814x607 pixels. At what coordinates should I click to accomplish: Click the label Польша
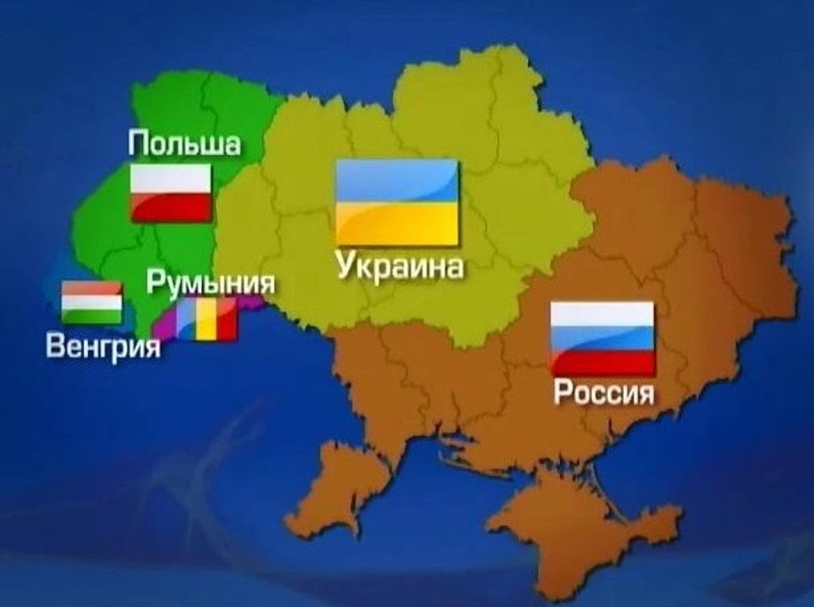(184, 144)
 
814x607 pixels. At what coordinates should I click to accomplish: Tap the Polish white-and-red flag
(171, 193)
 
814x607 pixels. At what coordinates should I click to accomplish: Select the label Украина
(399, 266)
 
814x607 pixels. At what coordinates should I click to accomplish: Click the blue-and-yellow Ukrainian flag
(397, 202)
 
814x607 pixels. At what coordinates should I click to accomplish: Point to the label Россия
(604, 392)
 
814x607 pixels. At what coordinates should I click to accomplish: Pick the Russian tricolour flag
(603, 338)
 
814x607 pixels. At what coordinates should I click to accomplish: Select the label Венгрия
(103, 345)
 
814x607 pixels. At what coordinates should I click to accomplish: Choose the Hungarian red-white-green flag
(91, 303)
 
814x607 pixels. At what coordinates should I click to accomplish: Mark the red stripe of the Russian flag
(603, 362)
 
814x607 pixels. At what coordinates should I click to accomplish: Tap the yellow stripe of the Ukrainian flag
(397, 223)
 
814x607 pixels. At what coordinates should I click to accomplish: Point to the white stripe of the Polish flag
(171, 180)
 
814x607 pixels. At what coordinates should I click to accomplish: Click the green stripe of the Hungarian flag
(91, 315)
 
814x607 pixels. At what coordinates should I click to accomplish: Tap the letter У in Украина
(346, 266)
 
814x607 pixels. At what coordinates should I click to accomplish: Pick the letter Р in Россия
(562, 392)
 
